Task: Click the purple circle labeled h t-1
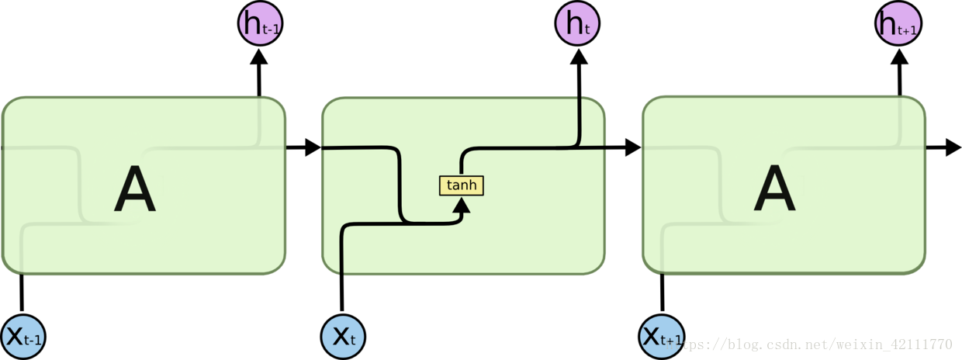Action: click(x=258, y=24)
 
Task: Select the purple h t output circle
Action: click(x=577, y=24)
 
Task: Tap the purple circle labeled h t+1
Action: click(x=898, y=24)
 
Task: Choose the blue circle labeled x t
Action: click(x=343, y=337)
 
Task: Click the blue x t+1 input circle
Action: click(x=662, y=337)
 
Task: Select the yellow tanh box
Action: click(x=462, y=185)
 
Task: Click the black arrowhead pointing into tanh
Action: click(x=462, y=206)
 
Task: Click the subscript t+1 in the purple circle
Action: click(x=908, y=31)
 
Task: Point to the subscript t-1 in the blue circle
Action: click(x=33, y=341)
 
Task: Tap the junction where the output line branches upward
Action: click(x=579, y=146)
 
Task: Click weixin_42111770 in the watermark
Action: click(x=892, y=344)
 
